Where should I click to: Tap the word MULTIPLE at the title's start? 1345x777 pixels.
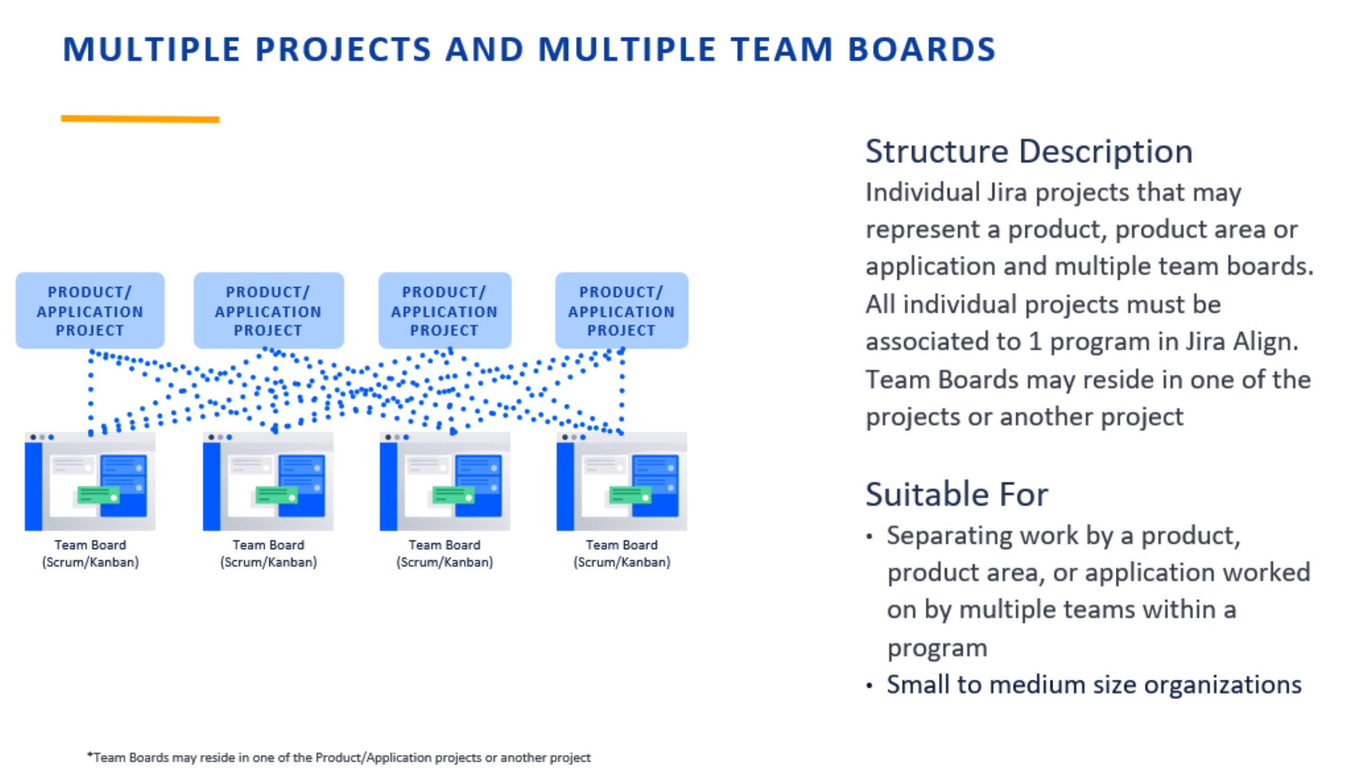click(151, 50)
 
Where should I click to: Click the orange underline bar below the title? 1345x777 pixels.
click(140, 119)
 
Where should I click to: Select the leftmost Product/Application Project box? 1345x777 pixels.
click(90, 310)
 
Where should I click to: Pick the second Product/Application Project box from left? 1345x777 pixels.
click(268, 310)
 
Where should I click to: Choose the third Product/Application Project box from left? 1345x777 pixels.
click(444, 310)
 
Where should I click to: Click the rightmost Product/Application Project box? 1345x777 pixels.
click(621, 310)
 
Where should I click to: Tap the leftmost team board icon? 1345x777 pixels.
click(90, 481)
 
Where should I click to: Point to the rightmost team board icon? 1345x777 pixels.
click(621, 481)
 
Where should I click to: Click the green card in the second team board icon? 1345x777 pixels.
click(276, 495)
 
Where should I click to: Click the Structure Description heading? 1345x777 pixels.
click(1028, 151)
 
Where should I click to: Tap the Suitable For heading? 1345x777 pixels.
click(956, 494)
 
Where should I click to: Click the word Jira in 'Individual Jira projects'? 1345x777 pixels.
click(1006, 193)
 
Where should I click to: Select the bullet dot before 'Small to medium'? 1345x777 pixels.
click(869, 686)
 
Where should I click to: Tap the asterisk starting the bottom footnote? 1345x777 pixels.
click(90, 755)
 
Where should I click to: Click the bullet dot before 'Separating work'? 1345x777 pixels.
click(869, 536)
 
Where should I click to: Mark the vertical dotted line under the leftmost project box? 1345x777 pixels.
click(91, 392)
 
